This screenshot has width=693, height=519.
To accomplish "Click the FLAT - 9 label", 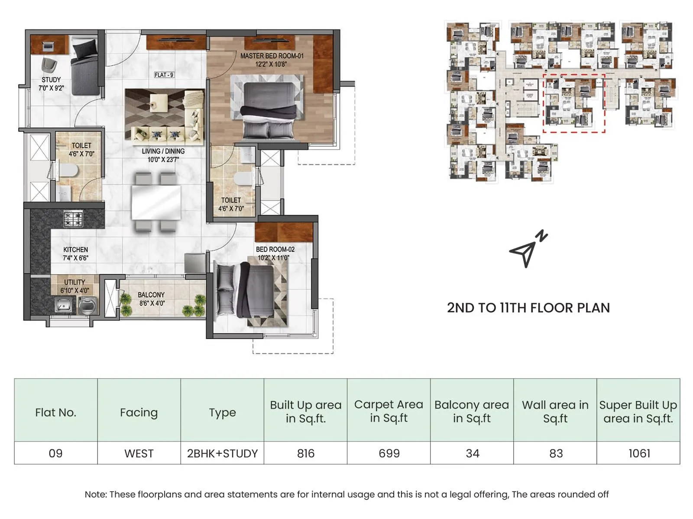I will click(x=164, y=75).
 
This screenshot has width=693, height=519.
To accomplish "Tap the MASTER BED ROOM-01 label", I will click(x=272, y=56).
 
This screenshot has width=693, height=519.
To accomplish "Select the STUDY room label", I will click(x=51, y=80).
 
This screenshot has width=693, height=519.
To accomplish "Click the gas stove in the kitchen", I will click(x=73, y=218).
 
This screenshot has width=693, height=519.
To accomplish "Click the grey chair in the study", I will click(x=49, y=66).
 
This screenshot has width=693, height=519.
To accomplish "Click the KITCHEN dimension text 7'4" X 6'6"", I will click(x=75, y=258).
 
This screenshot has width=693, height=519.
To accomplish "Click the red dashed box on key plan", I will click(x=574, y=103).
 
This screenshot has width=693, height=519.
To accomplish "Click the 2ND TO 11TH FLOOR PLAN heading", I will click(x=528, y=308).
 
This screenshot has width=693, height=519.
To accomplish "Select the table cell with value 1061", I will click(x=638, y=453).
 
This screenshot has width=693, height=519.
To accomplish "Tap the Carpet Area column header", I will click(x=389, y=411).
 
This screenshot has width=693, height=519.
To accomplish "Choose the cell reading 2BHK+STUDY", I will click(x=222, y=453).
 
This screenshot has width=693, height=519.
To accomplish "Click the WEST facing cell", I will click(x=139, y=453).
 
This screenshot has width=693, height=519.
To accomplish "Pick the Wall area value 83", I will click(x=555, y=453).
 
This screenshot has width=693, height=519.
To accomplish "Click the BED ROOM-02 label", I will click(x=275, y=250).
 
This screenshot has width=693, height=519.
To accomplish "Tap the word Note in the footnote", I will click(x=95, y=494).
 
